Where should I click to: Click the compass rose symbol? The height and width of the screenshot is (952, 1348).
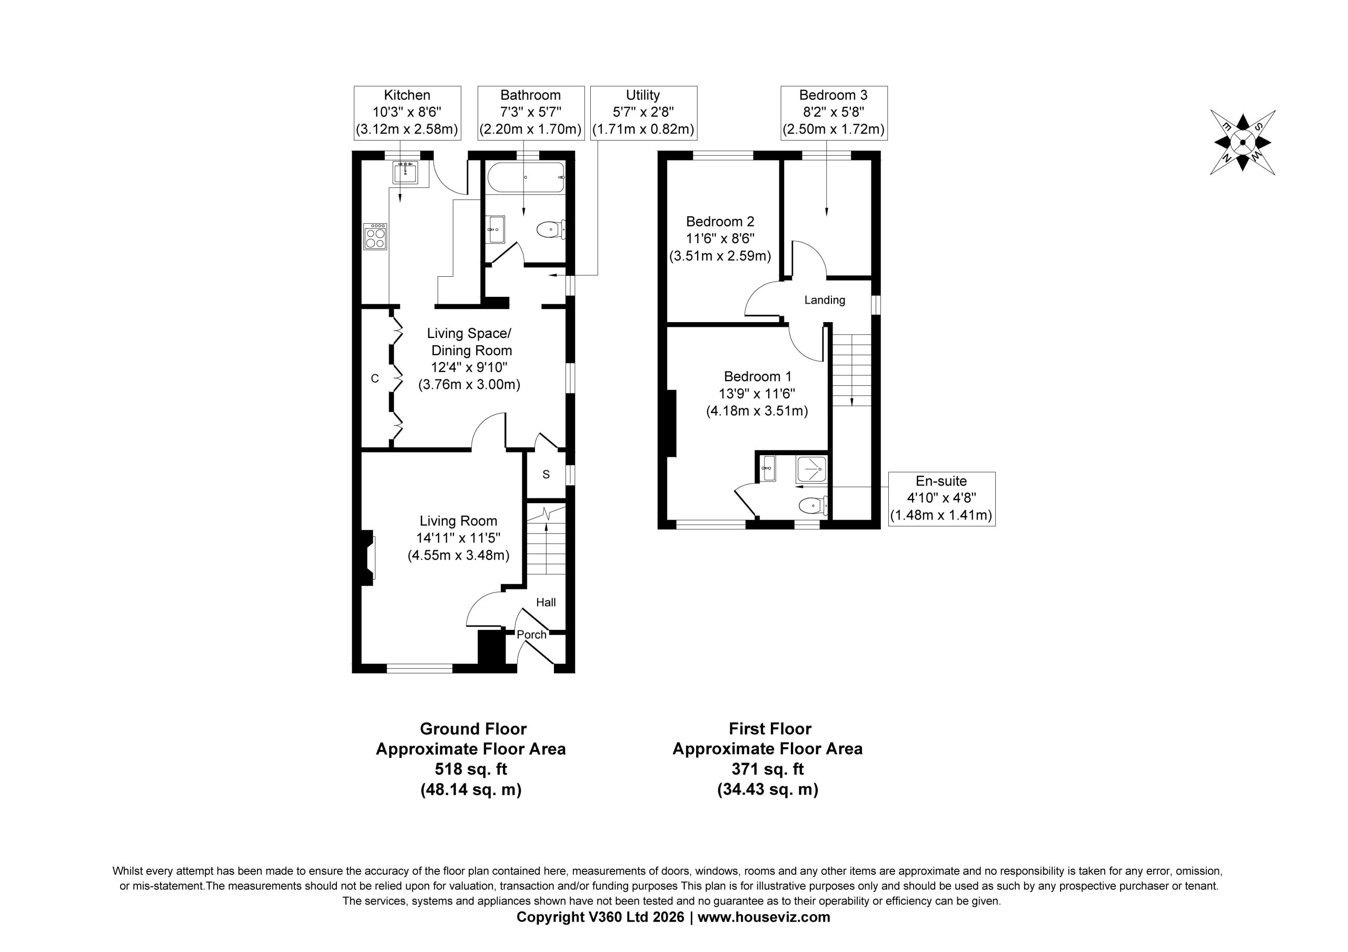[1242, 142]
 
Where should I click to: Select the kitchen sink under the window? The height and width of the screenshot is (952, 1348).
[405, 173]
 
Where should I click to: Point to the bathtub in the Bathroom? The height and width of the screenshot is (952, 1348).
[526, 177]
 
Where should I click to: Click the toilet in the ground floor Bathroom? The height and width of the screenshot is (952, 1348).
[551, 229]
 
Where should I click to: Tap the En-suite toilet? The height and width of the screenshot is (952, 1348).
[813, 504]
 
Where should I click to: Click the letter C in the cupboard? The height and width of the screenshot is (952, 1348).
[375, 379]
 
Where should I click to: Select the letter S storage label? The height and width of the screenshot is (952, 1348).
[546, 474]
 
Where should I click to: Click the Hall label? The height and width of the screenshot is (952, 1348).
[546, 602]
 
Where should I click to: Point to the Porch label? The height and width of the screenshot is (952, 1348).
[531, 635]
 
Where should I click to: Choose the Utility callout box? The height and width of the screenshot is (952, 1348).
[643, 113]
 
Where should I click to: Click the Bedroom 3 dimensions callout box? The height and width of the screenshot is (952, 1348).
[834, 113]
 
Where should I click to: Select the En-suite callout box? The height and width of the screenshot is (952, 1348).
[941, 498]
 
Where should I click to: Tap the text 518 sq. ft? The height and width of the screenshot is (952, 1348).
[471, 769]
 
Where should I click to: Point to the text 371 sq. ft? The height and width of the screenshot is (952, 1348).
[767, 769]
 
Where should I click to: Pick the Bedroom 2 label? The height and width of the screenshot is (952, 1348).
[720, 221]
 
